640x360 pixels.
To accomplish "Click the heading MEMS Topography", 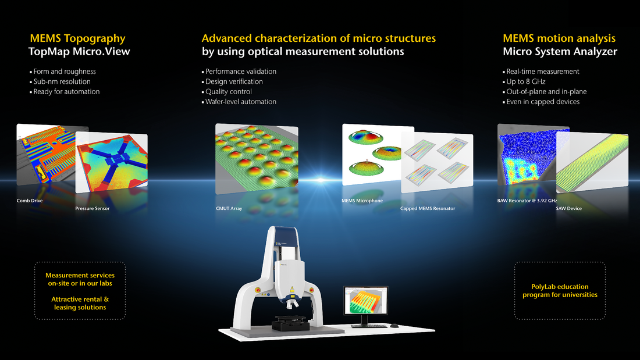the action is coord(77,38).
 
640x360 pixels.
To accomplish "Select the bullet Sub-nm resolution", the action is coord(62,81).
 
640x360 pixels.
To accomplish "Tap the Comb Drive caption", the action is coord(30,201).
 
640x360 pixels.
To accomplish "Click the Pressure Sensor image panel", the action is coord(112,162).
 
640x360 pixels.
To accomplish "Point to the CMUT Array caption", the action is coord(229,208).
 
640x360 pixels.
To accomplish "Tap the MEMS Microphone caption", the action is coord(362,201).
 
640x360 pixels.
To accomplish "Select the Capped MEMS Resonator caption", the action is coord(428,208).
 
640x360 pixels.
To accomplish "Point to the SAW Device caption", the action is coord(568,208).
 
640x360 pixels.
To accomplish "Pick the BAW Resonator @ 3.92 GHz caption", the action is coord(527,201).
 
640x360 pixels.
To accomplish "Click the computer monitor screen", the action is coord(366,301).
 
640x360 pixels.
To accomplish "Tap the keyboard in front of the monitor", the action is coord(369,326).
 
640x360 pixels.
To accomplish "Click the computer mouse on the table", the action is coord(394,326).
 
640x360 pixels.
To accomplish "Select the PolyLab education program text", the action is coord(560,291).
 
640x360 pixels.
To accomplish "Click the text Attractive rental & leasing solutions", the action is coord(80,303).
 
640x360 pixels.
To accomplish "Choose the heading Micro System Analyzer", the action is coord(560,51).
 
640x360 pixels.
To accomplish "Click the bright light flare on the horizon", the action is coord(321,180).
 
